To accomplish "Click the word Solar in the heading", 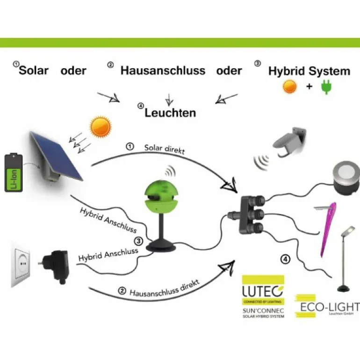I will click(34, 71).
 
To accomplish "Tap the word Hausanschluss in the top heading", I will click(163, 71).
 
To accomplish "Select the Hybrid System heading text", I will click(309, 72).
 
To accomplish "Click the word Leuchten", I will click(170, 113).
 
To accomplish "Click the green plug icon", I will click(325, 87).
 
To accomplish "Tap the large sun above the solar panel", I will click(101, 127).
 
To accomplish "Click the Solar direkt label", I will click(164, 149).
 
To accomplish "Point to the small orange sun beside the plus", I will click(291, 87).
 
